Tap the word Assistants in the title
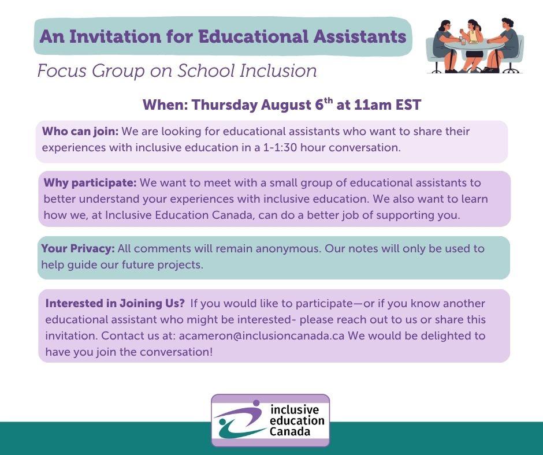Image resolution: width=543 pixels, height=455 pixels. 360,36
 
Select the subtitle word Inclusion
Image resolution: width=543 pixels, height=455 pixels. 278,70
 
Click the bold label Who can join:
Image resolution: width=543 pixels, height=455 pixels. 80,131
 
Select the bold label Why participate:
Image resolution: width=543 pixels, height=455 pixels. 90,182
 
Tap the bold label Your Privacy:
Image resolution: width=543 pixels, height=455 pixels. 78,249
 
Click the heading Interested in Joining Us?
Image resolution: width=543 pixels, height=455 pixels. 115,303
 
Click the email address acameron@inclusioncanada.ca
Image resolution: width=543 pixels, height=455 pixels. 262,335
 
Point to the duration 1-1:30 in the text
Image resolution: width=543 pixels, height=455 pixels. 280,147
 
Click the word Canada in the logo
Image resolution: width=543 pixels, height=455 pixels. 289,432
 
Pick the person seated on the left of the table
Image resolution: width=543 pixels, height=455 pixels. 445,47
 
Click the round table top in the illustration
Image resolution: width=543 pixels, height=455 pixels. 474,45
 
